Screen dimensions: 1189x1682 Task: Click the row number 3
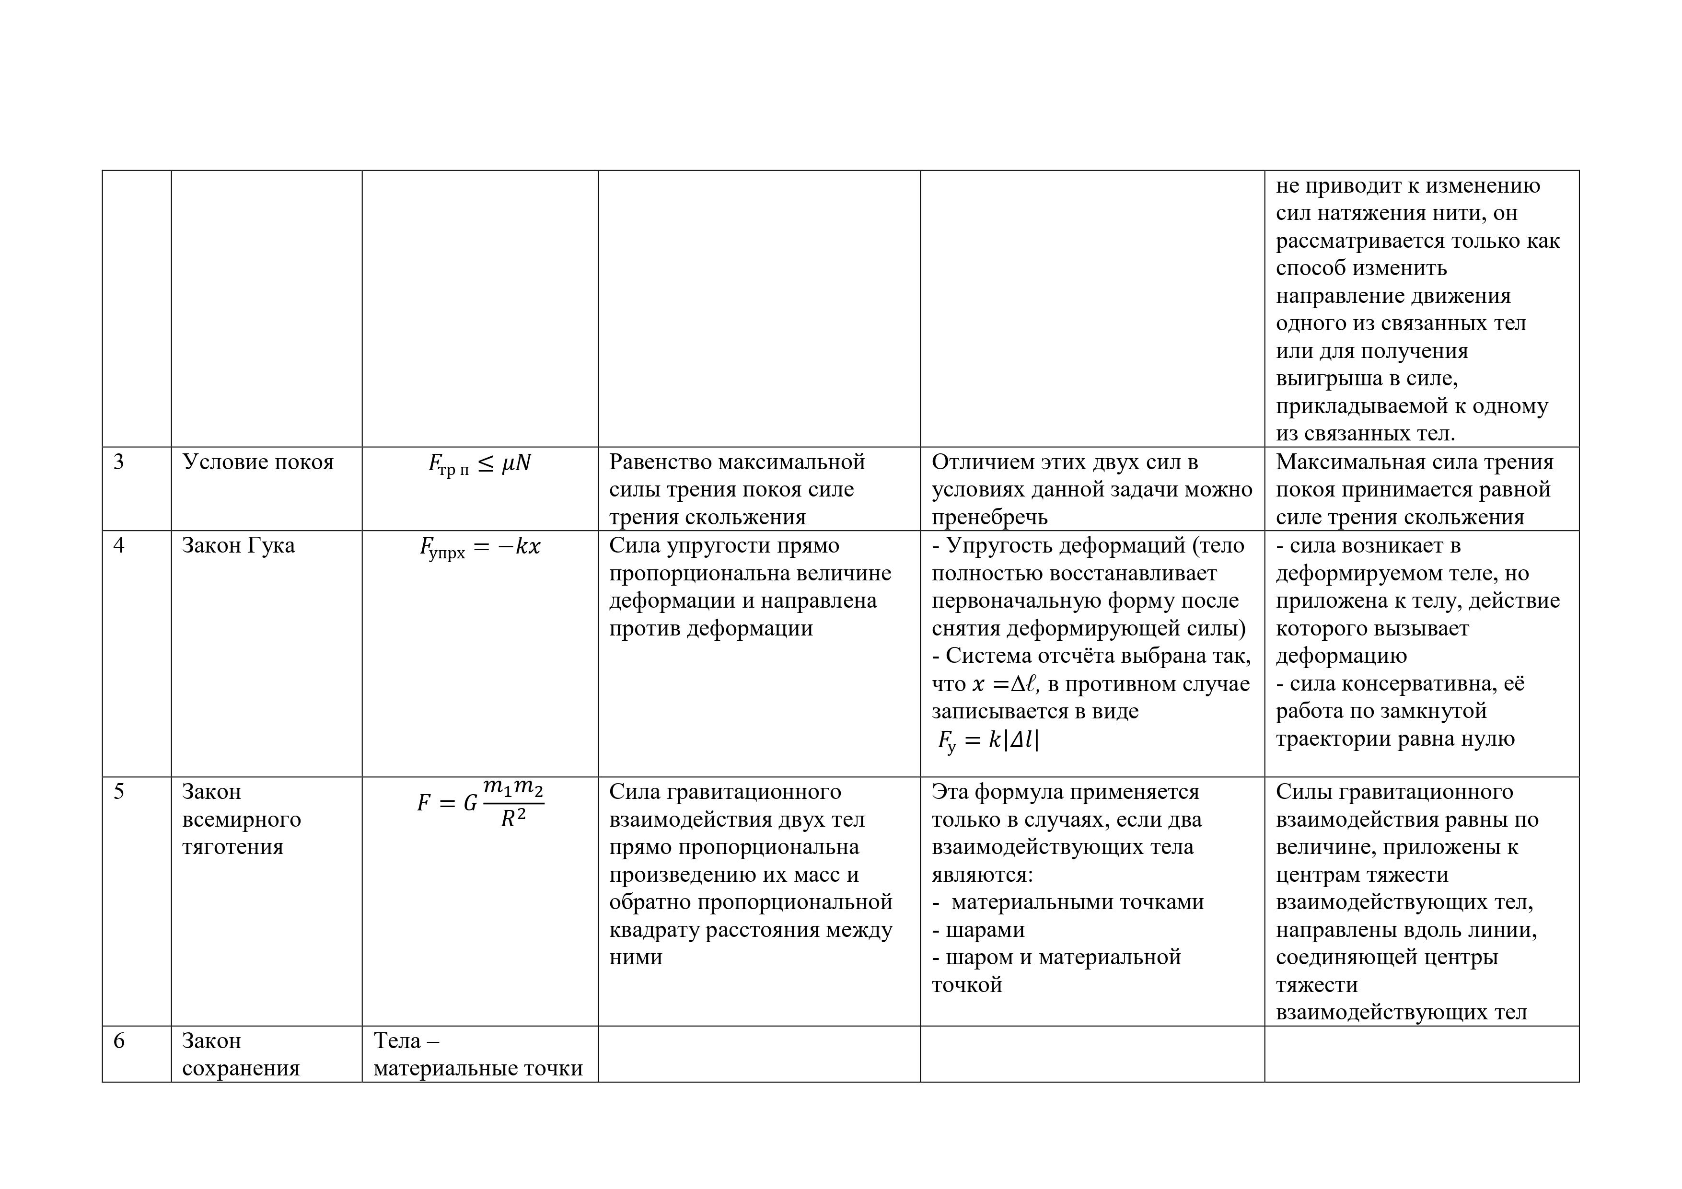pyautogui.click(x=119, y=462)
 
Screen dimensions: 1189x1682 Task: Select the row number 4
pyautogui.click(x=119, y=546)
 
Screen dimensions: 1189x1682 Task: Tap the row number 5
pyautogui.click(x=119, y=792)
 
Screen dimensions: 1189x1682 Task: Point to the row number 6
pyautogui.click(x=119, y=1041)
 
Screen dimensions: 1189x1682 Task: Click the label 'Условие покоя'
pyautogui.click(x=258, y=462)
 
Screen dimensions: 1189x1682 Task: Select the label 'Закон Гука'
pyautogui.click(x=238, y=546)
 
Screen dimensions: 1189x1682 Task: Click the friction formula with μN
pyautogui.click(x=480, y=464)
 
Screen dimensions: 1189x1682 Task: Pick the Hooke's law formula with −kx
pyautogui.click(x=480, y=548)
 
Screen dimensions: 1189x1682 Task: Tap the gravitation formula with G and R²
pyautogui.click(x=480, y=804)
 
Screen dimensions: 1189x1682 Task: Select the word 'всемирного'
pyautogui.click(x=241, y=820)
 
